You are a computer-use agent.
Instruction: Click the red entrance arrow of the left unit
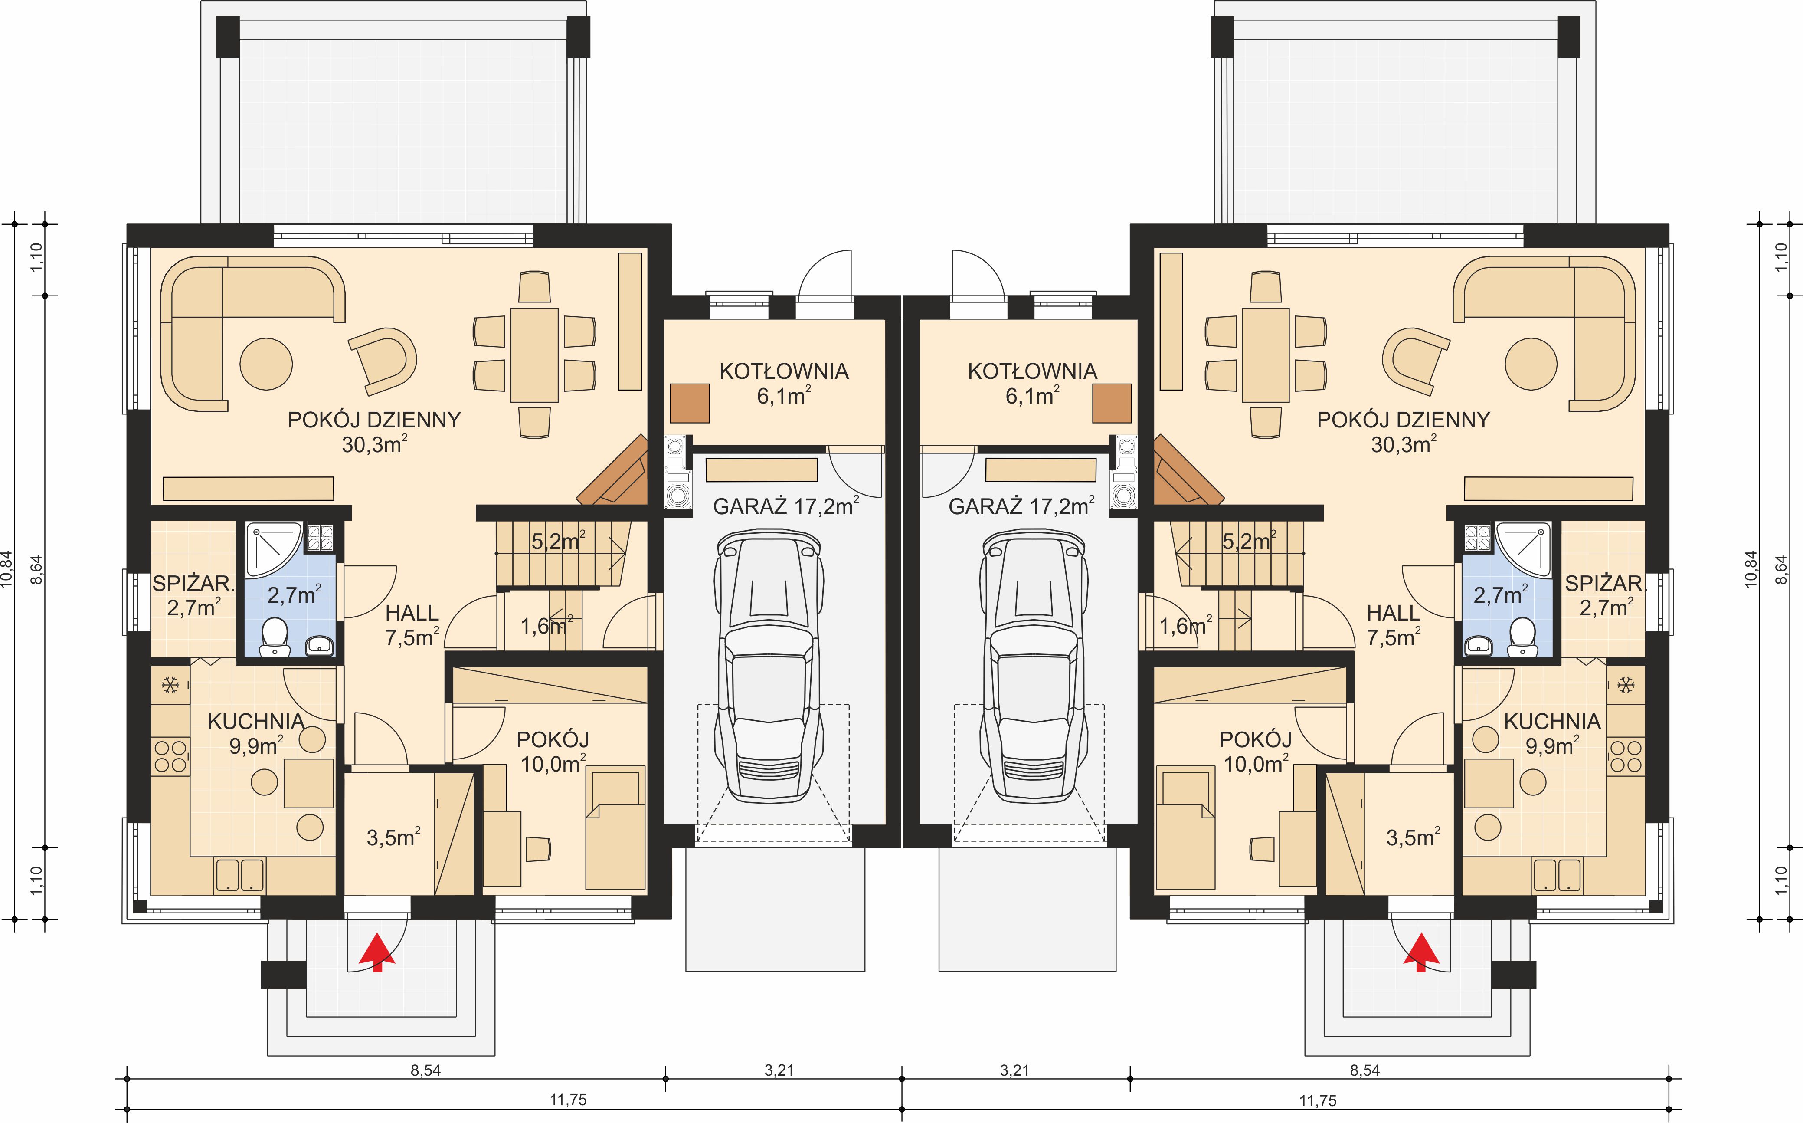377,952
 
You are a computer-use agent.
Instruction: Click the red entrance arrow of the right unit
1421,952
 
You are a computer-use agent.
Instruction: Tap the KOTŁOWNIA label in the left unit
784,371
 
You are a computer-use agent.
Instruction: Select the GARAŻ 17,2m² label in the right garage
1021,506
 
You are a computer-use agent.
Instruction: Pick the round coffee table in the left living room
266,364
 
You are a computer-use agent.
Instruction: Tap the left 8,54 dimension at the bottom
425,1070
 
